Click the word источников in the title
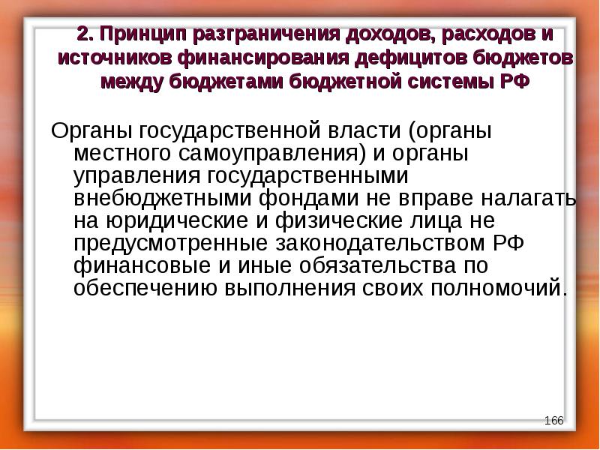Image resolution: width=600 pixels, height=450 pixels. click(x=113, y=58)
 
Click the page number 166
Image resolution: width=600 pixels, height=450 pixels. click(x=553, y=420)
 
